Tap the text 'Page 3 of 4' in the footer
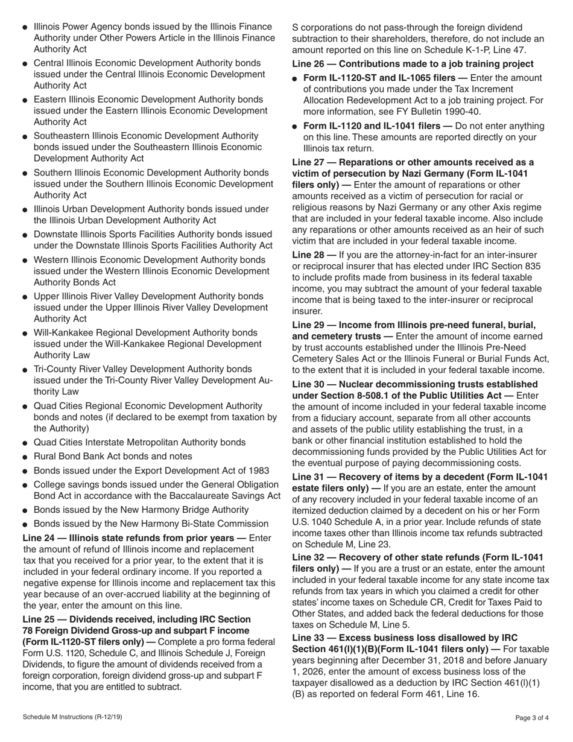(x=532, y=718)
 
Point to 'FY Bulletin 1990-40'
(x=438, y=112)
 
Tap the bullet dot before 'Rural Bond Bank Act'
(x=25, y=457)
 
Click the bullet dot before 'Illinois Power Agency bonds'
(x=25, y=28)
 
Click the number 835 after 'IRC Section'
(x=533, y=266)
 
